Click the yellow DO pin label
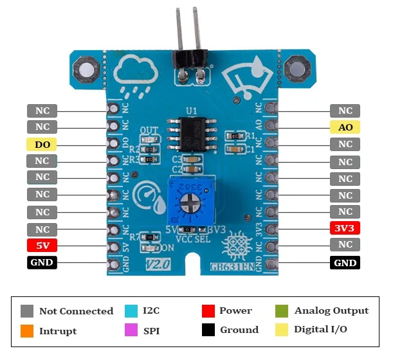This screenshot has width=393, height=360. (42, 144)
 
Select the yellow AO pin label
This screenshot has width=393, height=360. (345, 127)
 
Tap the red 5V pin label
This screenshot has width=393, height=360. (42, 245)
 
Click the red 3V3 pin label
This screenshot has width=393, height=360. (345, 228)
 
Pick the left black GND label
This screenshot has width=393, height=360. (42, 262)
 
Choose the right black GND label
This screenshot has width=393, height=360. (345, 262)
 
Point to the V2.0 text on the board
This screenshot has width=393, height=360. (156, 265)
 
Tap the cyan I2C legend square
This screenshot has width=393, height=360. (131, 311)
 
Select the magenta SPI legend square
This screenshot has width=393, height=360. (131, 331)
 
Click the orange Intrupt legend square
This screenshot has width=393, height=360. (26, 331)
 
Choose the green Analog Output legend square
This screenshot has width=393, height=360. (281, 311)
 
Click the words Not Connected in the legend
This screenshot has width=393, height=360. (76, 311)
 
